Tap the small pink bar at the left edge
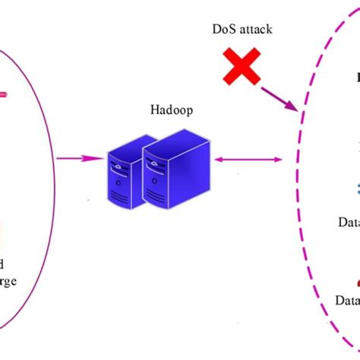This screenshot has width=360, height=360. [x=4, y=95]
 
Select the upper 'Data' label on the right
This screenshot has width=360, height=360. [x=349, y=223]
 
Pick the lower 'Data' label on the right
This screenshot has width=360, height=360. [x=348, y=301]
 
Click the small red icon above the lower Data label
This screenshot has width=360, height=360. [x=356, y=281]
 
